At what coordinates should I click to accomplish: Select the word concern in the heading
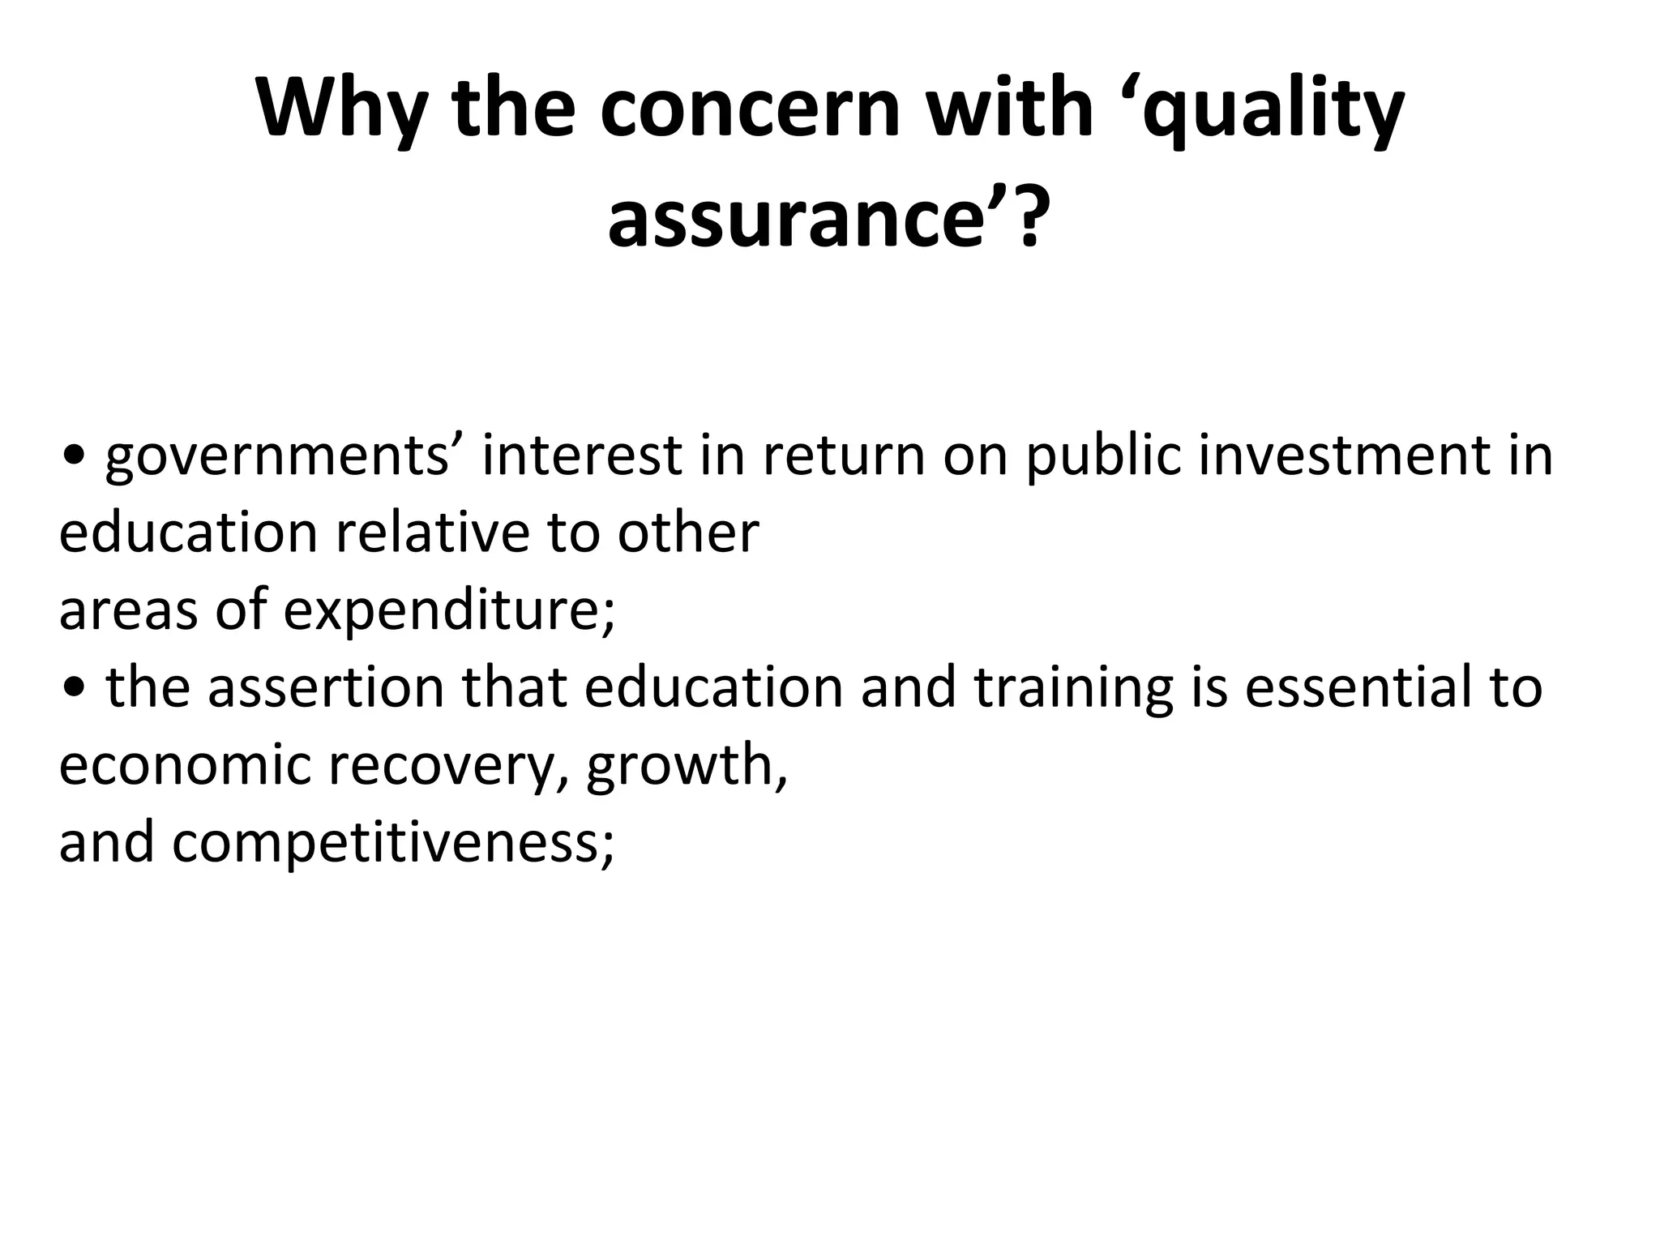(751, 109)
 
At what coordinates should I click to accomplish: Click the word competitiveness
(392, 843)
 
